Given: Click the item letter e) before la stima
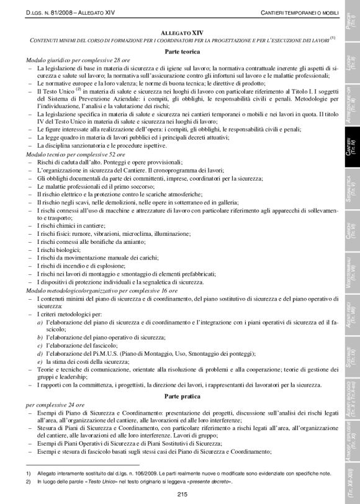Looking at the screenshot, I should [x=40, y=361].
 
